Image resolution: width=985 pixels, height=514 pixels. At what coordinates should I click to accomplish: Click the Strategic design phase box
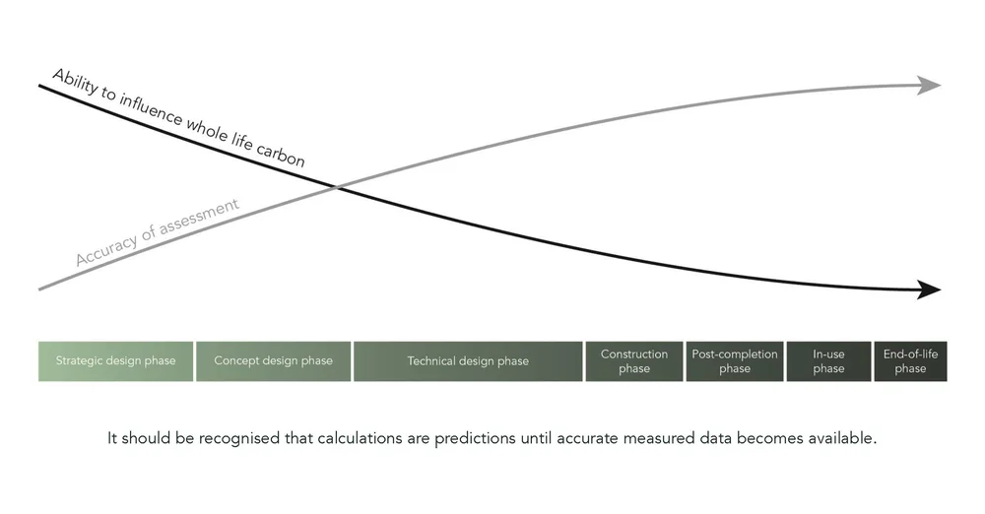[116, 360]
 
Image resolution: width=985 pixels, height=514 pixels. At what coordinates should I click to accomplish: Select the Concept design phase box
[273, 360]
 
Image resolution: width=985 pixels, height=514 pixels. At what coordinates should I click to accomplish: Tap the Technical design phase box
[468, 360]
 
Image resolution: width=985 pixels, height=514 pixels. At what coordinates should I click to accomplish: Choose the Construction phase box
[634, 360]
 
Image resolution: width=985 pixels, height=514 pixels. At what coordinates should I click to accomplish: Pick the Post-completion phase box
[734, 360]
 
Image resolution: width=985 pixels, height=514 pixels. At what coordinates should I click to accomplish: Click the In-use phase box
[828, 360]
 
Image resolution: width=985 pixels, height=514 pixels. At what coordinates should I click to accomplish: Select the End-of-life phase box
[910, 360]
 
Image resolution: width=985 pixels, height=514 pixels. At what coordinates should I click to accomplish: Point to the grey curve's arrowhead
[929, 85]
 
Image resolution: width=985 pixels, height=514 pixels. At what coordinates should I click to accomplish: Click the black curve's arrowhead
[929, 289]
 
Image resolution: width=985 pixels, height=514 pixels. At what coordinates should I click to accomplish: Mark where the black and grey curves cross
[338, 186]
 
